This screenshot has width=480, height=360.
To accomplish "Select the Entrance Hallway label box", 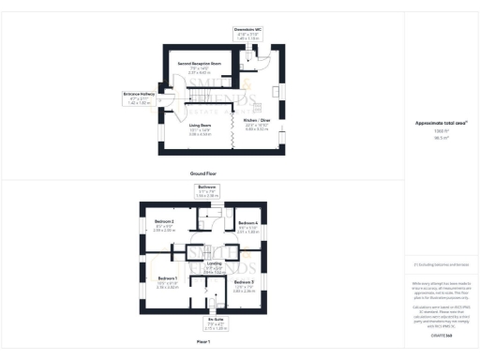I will tap(138, 96).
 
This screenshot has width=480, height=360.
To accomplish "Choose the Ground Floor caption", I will tap(202, 173).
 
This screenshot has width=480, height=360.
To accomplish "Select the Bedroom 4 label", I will tap(248, 224).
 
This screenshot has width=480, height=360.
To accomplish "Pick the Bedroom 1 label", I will tap(168, 281).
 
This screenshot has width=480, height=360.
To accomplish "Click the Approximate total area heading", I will tap(440, 123).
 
